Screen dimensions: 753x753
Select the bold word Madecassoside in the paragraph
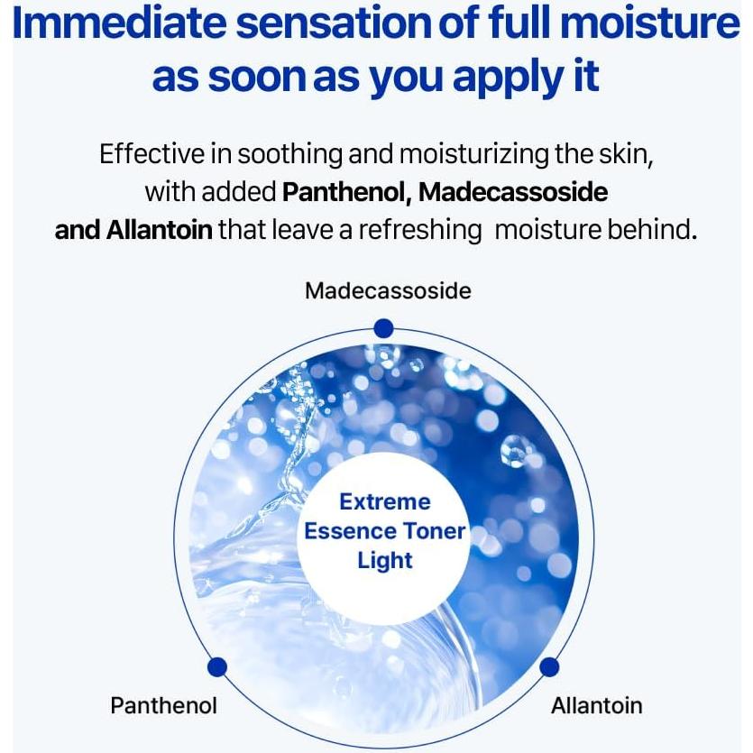[x=513, y=192]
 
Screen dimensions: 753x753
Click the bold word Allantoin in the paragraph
[x=159, y=230]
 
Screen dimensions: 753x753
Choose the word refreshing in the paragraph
[x=420, y=230]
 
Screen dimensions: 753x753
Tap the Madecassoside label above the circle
[x=388, y=290]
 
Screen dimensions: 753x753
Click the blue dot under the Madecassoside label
[x=383, y=327]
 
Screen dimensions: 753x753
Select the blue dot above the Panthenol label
[x=216, y=667]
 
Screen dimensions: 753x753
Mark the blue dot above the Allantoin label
[x=549, y=667]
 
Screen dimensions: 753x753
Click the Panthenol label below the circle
[x=164, y=705]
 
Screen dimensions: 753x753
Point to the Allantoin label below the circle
[x=597, y=705]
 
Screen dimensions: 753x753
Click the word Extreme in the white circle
[x=385, y=502]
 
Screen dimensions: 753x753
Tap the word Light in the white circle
[x=385, y=560]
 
